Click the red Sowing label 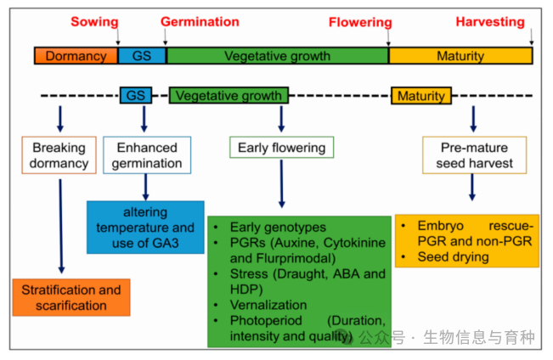click(x=94, y=22)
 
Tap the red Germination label click(x=200, y=22)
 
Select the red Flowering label click(x=360, y=22)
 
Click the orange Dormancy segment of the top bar click(x=76, y=56)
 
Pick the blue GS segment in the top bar click(x=142, y=56)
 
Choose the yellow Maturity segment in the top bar click(x=460, y=56)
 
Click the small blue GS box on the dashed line click(x=136, y=95)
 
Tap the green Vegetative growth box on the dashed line click(x=229, y=95)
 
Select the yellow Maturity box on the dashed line click(x=420, y=95)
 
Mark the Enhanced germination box click(x=147, y=155)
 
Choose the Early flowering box click(x=282, y=148)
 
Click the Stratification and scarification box click(x=71, y=297)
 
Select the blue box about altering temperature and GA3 click(x=145, y=228)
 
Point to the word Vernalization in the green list click(x=274, y=305)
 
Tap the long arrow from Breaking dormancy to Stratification click(x=60, y=225)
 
